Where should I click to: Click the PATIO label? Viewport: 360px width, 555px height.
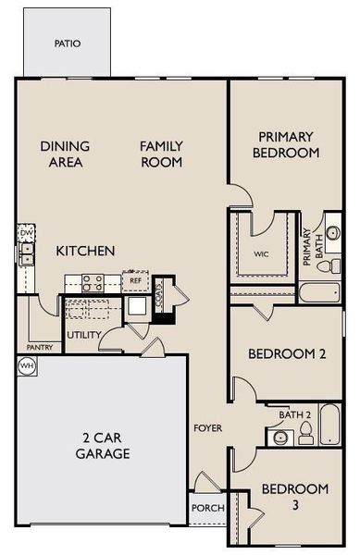tap(67, 43)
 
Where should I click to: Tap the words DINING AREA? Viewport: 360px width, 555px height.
tap(64, 154)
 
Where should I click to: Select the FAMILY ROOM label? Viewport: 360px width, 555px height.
tap(160, 154)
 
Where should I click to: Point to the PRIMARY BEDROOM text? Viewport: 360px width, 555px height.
tap(288, 144)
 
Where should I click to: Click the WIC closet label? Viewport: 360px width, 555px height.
tap(262, 253)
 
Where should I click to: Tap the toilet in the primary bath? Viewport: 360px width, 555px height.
tap(326, 265)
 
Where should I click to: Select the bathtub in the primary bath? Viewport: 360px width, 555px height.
tap(320, 294)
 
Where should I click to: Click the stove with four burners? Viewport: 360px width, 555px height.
tap(92, 282)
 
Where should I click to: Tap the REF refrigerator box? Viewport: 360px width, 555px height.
tap(135, 280)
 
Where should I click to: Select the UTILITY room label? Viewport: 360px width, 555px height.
tap(84, 335)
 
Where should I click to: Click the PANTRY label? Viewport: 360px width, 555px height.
tap(40, 348)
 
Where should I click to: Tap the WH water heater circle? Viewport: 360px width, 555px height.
tap(24, 365)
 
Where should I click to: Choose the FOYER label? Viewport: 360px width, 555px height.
tap(207, 428)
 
